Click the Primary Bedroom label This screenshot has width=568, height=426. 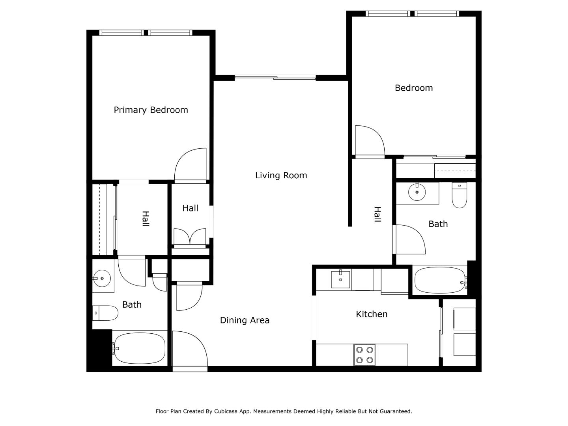tap(151, 110)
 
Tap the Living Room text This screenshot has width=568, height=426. tap(281, 176)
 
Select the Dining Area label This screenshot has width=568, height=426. tap(245, 320)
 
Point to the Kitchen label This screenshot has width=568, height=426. tap(372, 314)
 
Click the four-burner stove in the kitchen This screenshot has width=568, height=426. tap(364, 355)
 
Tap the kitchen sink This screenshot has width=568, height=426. tap(340, 279)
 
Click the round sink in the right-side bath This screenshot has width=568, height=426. tap(417, 192)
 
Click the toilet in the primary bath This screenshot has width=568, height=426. tap(105, 313)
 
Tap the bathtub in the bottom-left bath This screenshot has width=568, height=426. tap(139, 348)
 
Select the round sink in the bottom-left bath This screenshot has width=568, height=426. tap(102, 278)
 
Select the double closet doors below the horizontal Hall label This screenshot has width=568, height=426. tap(190, 238)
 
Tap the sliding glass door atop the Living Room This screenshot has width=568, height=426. tap(275, 78)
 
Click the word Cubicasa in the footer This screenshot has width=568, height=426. tap(226, 411)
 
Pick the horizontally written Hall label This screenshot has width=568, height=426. tap(190, 208)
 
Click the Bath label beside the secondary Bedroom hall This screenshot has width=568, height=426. tap(438, 224)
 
